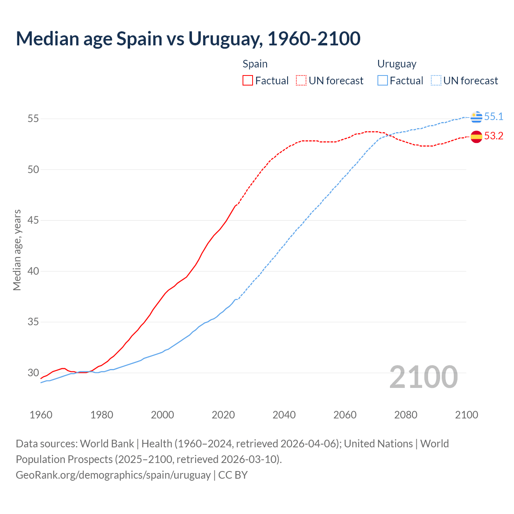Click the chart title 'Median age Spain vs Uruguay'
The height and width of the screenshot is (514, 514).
pos(188,39)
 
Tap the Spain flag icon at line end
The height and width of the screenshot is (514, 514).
pos(476,137)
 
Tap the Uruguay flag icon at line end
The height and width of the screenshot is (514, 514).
pos(476,117)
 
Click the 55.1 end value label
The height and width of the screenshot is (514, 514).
pos(494,116)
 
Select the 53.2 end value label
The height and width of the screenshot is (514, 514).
pos(494,136)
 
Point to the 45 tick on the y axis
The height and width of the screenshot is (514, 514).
pos(33,220)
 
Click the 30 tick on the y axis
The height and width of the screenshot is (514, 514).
pos(33,373)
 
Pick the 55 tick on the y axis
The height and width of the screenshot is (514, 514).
pos(33,119)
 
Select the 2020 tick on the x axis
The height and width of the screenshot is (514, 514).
pos(223,415)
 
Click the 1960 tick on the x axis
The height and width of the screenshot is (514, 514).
pos(41,415)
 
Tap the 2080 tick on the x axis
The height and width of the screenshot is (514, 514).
pos(406,415)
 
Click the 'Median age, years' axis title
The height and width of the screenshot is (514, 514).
pos(17,250)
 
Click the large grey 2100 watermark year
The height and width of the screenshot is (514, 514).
pos(423,377)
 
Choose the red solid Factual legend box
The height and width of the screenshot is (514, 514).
pos(248,81)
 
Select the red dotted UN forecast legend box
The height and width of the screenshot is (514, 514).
pos(301,81)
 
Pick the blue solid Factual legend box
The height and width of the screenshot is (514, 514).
pos(383,81)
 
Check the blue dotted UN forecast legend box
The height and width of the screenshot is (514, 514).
pos(436,81)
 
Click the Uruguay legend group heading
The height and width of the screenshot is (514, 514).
pos(397,64)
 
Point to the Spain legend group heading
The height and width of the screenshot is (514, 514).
pos(255,64)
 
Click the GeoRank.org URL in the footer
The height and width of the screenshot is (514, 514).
pos(113,475)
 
